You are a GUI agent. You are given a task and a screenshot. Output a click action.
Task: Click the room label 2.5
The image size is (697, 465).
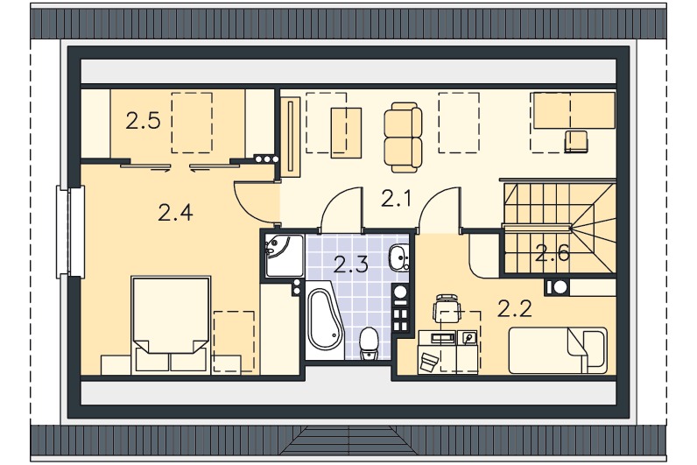[143, 121]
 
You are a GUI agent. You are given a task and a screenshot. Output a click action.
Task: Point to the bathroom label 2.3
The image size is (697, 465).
[351, 264]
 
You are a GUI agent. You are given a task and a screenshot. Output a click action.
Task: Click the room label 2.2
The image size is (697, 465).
[514, 308]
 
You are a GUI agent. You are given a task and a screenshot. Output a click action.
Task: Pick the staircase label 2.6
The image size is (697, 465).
[553, 253]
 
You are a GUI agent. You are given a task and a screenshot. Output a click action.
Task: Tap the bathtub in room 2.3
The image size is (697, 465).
[324, 321]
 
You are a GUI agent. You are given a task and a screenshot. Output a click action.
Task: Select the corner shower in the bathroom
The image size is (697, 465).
[285, 256]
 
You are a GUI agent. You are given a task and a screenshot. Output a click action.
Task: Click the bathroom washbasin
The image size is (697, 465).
[398, 257]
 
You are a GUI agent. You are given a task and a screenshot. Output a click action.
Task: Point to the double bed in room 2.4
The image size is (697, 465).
[171, 324]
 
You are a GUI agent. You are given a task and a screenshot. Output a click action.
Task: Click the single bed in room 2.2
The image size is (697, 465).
[558, 351]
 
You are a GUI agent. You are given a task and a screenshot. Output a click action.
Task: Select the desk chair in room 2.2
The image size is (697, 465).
[446, 307]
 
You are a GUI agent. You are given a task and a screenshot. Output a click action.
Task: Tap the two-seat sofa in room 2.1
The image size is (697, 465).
[403, 137]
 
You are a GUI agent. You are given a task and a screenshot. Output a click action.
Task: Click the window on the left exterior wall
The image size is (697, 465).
[70, 232]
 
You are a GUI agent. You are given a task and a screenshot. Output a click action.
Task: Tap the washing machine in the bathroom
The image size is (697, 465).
[401, 293]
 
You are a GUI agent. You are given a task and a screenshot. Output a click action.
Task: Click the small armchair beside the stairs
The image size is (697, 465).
[576, 142]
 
